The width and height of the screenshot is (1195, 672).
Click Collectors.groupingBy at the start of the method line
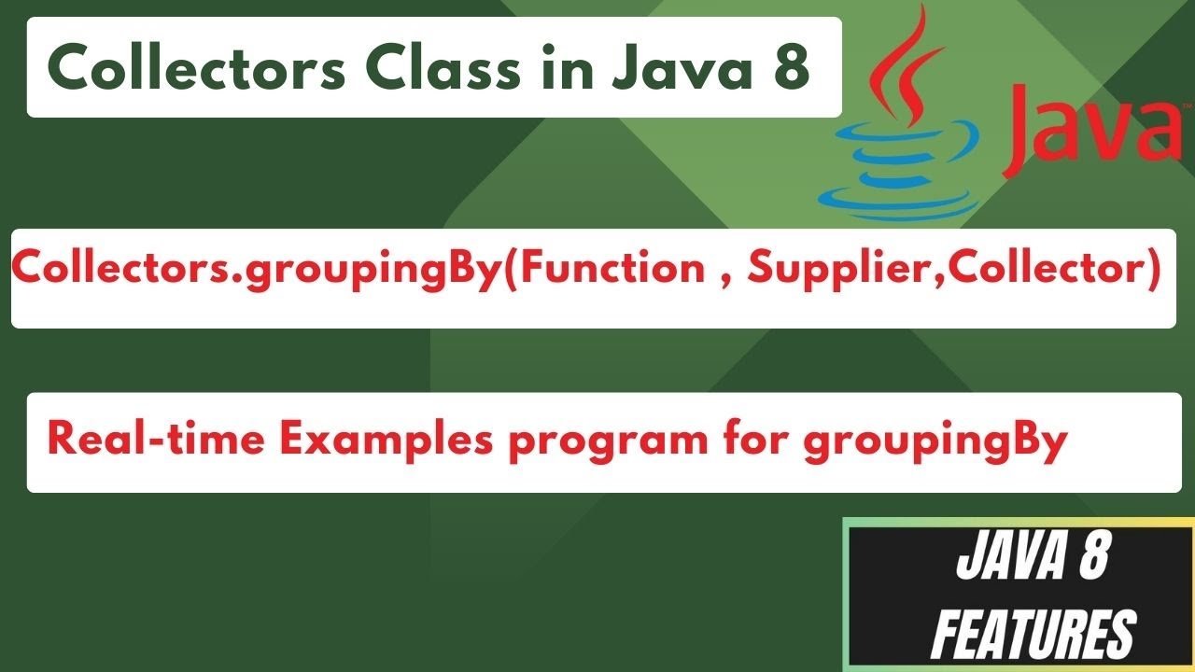click(253, 271)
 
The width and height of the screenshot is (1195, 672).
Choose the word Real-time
click(154, 438)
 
